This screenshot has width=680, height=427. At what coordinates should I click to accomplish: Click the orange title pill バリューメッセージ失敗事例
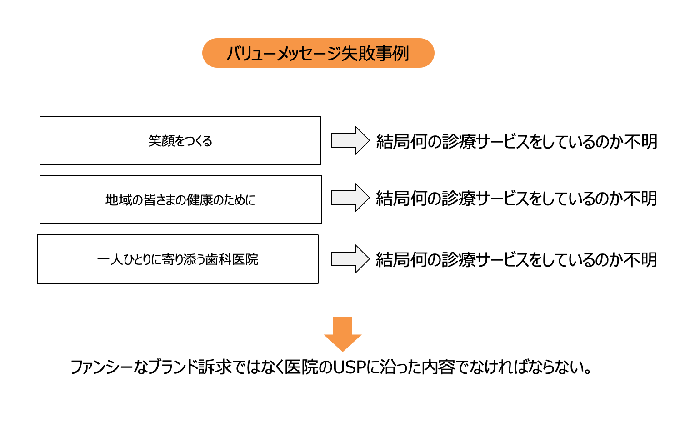[x=318, y=53]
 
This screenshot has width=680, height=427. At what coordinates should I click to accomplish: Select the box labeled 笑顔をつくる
[x=180, y=141]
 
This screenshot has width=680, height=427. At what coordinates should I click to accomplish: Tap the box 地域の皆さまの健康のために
[x=180, y=200]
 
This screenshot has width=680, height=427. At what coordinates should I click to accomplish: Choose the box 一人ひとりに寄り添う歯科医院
[x=178, y=259]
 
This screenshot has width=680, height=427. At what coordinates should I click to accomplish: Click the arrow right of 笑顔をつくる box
[x=350, y=140]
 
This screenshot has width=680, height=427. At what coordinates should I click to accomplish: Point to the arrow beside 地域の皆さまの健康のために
[x=350, y=198]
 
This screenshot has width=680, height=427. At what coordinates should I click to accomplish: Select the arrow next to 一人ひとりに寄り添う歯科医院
[x=350, y=259]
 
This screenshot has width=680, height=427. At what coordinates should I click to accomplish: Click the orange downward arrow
[x=343, y=334]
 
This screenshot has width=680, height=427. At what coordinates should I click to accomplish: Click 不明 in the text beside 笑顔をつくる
[x=641, y=142]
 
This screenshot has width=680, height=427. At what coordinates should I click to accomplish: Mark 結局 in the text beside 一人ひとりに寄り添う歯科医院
[x=393, y=260]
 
